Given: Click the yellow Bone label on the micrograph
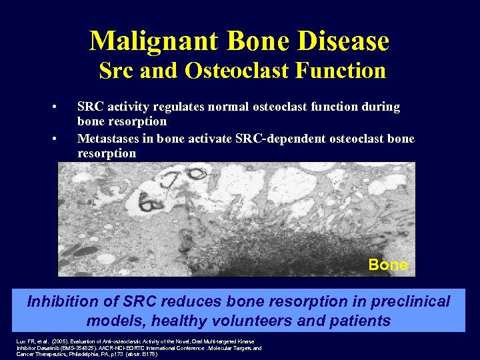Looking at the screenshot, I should tap(388, 265).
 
